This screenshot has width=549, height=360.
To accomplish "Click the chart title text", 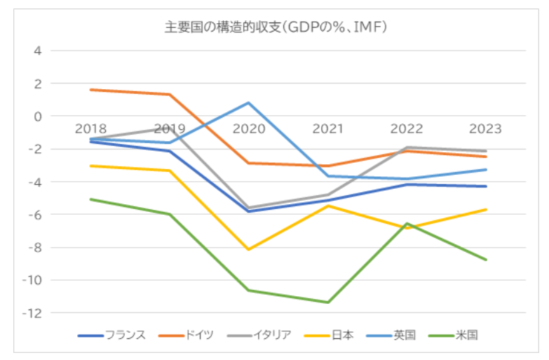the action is tap(276, 27).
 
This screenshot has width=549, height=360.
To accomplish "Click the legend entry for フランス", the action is tap(111, 335).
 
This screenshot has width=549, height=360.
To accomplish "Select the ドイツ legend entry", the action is tap(186, 335).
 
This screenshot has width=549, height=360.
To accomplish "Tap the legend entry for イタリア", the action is tap(259, 335).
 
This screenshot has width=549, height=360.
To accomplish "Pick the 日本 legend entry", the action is tap(329, 335).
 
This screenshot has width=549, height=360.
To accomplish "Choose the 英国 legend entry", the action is tap(391, 335).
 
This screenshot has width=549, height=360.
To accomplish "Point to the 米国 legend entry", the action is tap(453, 335).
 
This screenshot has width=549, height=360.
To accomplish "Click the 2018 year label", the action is tap(90, 128).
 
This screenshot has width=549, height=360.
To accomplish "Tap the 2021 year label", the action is tap(327, 128).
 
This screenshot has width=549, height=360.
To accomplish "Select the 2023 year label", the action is tap(486, 128).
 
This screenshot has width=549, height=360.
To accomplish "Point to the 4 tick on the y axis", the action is tap(37, 51).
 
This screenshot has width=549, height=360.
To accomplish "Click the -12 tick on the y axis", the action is tap(32, 313).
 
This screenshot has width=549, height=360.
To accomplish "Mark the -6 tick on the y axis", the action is tap(34, 215).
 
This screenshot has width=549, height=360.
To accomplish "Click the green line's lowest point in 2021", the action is tap(328, 302).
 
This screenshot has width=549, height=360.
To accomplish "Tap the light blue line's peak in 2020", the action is tap(249, 102).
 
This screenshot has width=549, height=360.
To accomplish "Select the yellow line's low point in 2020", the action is tap(249, 249).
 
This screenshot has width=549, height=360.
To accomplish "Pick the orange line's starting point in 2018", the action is tap(90, 90).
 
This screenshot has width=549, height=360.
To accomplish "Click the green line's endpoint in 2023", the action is tap(486, 260).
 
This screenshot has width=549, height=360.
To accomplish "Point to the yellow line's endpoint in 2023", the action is tap(486, 210).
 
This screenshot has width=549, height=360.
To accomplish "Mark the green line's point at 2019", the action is tap(170, 214).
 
